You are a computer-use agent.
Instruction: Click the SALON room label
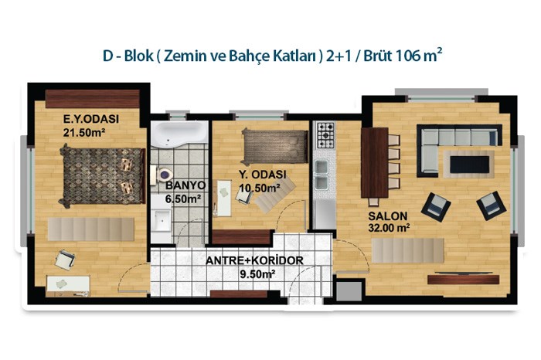388,216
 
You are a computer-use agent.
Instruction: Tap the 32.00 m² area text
389,228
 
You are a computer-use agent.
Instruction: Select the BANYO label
185,185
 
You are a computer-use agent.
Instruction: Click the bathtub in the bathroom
179,133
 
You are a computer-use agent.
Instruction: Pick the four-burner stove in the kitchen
325,135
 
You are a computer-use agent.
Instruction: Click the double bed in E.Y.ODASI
102,176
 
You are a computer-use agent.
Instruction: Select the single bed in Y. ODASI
275,146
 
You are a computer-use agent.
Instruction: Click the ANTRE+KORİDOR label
254,260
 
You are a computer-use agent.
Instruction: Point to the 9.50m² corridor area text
257,274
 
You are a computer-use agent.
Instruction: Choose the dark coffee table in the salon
470,165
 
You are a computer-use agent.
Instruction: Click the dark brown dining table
375,162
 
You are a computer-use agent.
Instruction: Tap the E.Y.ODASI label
91,119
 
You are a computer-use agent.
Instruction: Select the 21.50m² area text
83,132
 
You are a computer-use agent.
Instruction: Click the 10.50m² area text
260,188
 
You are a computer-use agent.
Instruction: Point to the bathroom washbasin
161,219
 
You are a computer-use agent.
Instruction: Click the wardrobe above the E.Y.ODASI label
93,99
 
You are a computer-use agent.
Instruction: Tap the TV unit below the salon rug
464,279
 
